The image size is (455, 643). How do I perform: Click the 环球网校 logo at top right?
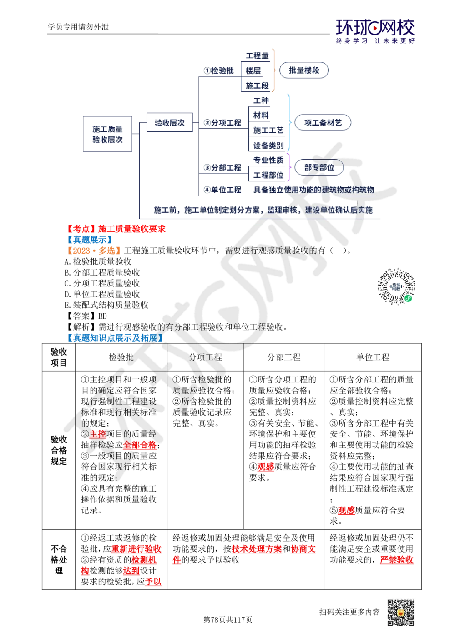pos(375,31)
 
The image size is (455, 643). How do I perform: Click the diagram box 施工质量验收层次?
pos(107,134)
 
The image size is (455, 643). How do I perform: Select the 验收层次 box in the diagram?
pos(169,122)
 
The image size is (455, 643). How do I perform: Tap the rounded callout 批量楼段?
pos(304,70)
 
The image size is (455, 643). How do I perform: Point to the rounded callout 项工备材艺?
pos(323,122)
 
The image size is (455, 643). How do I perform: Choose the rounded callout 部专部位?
pos(319,167)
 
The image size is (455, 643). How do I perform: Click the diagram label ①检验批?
pos(218,70)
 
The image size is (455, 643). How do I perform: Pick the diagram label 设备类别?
pos(268,146)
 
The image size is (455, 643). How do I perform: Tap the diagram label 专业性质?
pos(268,160)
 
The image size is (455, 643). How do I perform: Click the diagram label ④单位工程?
pos(222,190)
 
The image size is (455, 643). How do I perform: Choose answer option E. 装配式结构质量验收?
pos(106,305)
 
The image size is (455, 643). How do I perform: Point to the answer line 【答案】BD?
pos(86,316)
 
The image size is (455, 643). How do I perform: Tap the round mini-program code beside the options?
pos(396,286)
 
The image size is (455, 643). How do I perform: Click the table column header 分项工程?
pos(205,357)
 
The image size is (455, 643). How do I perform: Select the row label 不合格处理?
pos(59,559)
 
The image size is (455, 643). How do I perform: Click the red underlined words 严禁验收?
pos(397,559)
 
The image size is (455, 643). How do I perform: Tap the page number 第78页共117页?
pos(227,619)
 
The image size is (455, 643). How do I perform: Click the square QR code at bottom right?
pos(401,613)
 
